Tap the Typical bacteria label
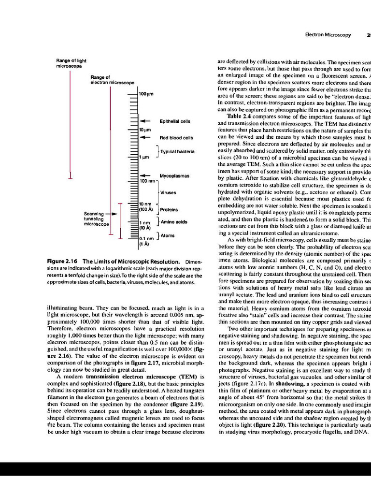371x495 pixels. tap(177, 151)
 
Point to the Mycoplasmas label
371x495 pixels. tap(175, 175)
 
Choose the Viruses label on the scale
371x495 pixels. tap(168, 192)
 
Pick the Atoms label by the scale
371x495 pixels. tap(168, 235)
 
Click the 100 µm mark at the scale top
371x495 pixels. tap(146, 94)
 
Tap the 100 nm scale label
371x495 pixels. tap(147, 180)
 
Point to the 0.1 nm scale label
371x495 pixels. tap(146, 238)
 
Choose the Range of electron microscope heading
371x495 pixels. tap(112, 80)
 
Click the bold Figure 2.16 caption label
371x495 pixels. tap(62, 262)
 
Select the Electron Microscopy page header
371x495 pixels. tap(331, 35)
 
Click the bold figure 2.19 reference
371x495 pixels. tap(192, 403)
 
